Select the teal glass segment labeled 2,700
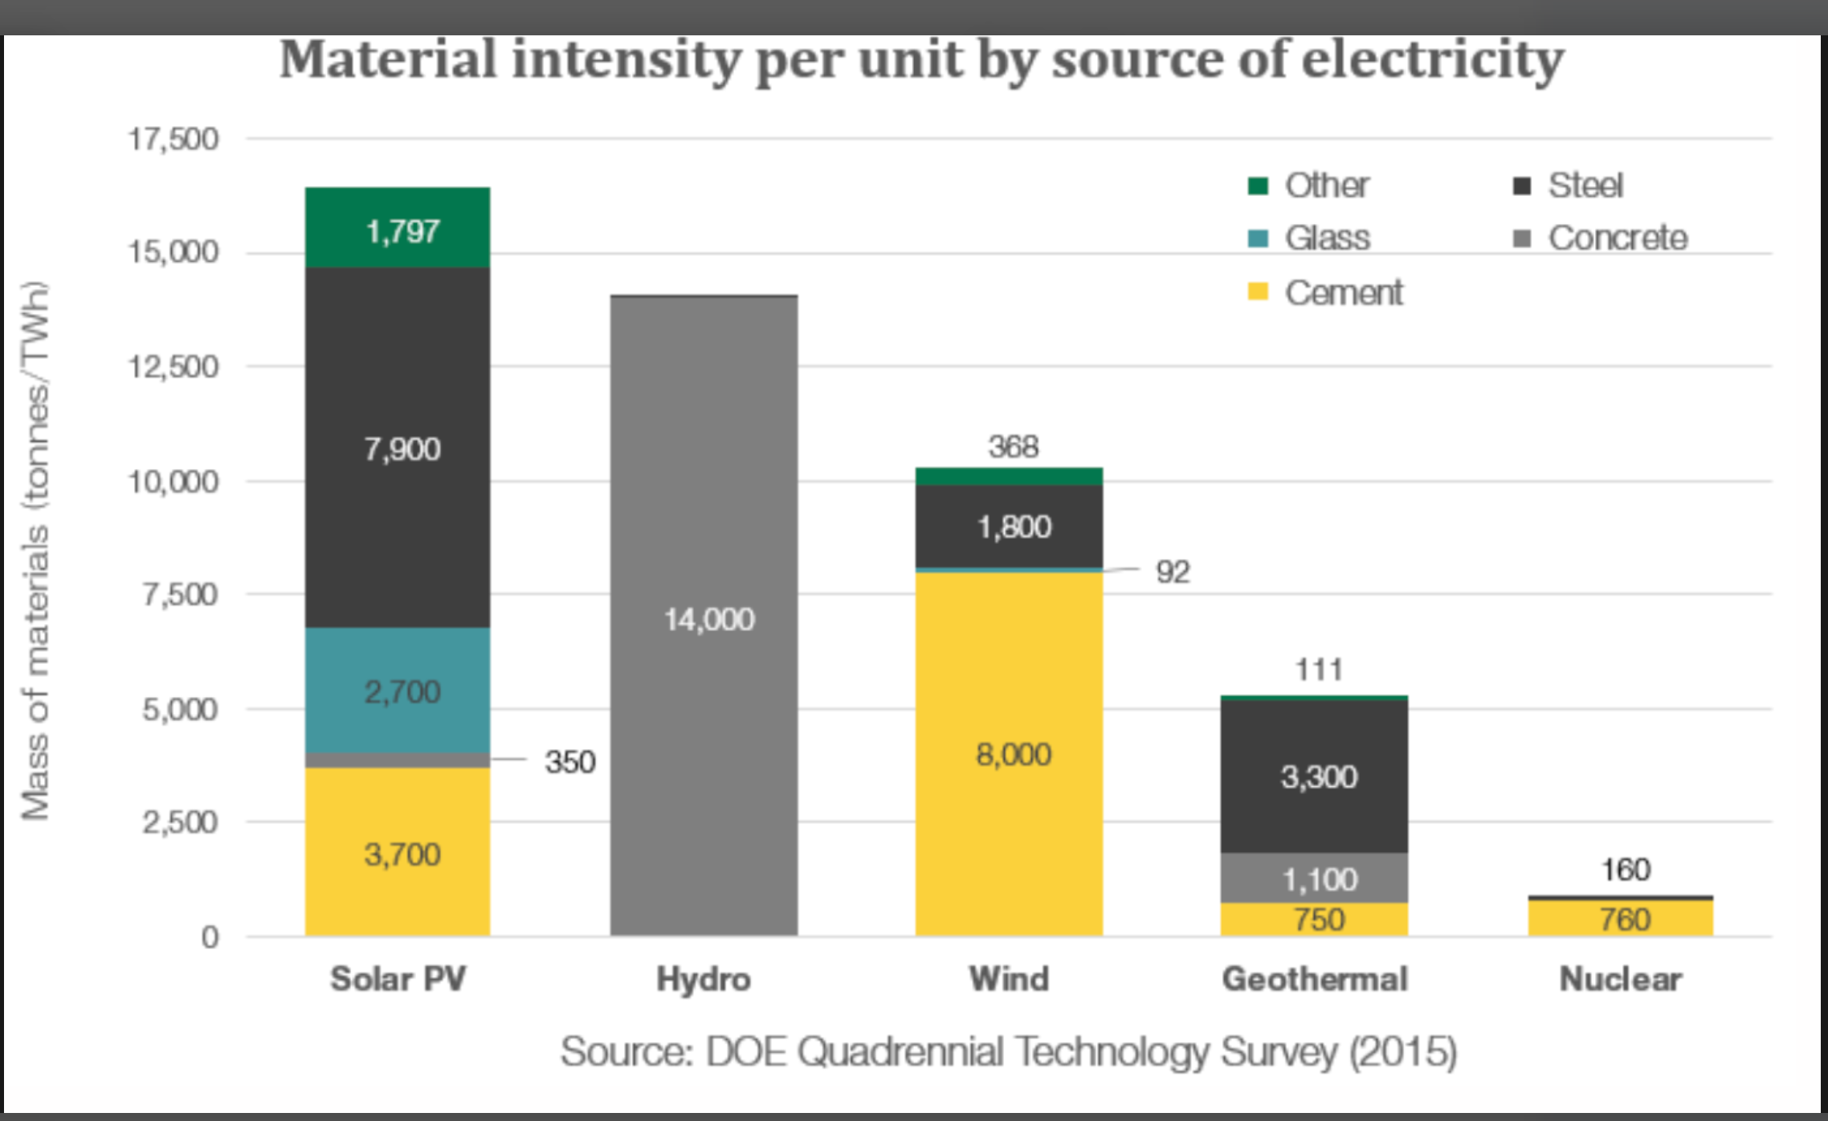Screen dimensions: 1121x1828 click(x=398, y=691)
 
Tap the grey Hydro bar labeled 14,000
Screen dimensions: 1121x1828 click(x=704, y=618)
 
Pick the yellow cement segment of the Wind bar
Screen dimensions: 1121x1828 click(x=1009, y=753)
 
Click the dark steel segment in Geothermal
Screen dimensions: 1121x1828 click(x=1314, y=776)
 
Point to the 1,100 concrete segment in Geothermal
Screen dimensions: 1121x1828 click(x=1314, y=878)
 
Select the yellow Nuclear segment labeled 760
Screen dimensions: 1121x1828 click(x=1621, y=919)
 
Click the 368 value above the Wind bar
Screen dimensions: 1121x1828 click(x=1013, y=446)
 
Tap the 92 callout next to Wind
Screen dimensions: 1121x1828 click(x=1173, y=572)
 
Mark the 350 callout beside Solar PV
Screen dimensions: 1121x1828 click(x=569, y=761)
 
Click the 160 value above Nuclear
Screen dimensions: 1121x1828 click(x=1625, y=870)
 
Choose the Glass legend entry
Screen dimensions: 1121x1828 click(x=1327, y=238)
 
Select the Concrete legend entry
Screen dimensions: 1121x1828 click(x=1617, y=238)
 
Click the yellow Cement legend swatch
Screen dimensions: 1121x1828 click(x=1258, y=291)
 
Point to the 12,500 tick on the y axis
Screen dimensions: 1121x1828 click(x=173, y=367)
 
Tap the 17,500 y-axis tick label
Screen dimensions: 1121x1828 click(x=173, y=139)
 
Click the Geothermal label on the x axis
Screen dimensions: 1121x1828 click(x=1315, y=979)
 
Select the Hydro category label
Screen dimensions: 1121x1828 click(x=704, y=979)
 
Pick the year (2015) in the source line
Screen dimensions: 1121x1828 click(x=1402, y=1051)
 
